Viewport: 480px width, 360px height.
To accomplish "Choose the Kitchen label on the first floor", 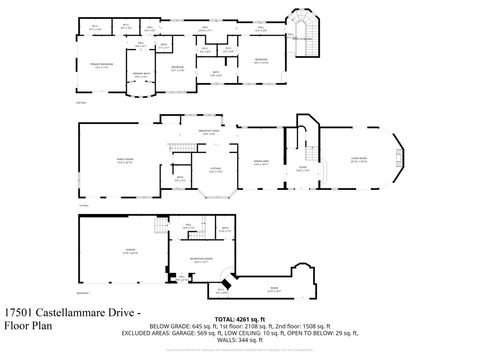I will click(213, 169).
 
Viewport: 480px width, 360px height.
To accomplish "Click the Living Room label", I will click(358, 158).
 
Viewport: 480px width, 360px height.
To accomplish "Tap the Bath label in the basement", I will click(226, 229).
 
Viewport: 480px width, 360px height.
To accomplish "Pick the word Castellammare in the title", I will click(74, 312).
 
